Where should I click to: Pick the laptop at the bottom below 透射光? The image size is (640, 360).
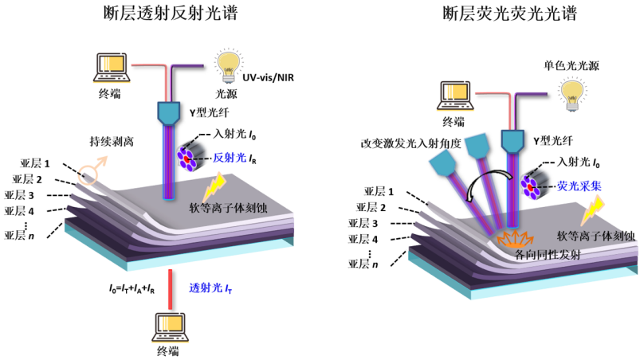(x=172, y=324)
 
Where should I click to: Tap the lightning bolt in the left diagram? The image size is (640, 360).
(x=216, y=186)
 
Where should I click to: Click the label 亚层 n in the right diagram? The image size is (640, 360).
(x=362, y=263)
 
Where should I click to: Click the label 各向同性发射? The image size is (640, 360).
(x=518, y=255)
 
